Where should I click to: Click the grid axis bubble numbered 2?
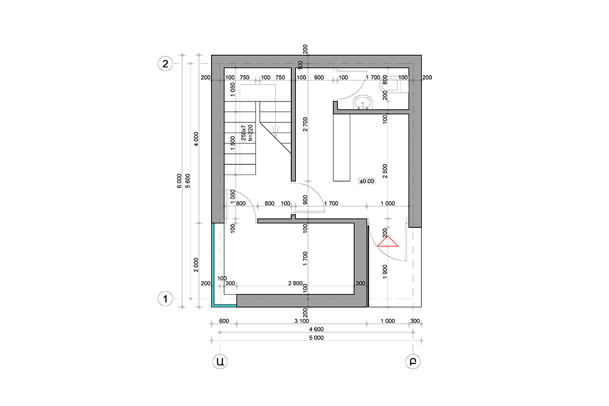(x=165, y=63)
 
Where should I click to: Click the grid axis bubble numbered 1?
(x=165, y=299)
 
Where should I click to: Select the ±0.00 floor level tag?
(x=367, y=181)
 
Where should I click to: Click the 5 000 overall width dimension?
(x=316, y=338)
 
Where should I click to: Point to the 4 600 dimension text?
(x=316, y=329)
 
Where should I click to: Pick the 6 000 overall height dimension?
(x=179, y=181)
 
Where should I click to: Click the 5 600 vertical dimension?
(x=188, y=181)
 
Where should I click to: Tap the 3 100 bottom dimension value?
(x=301, y=321)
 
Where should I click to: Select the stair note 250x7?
(x=244, y=133)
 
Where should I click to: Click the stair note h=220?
(x=250, y=133)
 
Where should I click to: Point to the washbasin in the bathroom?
(x=363, y=102)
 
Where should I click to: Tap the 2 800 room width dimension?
(x=295, y=283)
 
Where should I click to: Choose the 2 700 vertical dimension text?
(x=306, y=124)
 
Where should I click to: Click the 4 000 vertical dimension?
(x=196, y=139)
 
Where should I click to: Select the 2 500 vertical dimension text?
(x=385, y=171)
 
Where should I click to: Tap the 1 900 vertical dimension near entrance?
(x=385, y=272)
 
